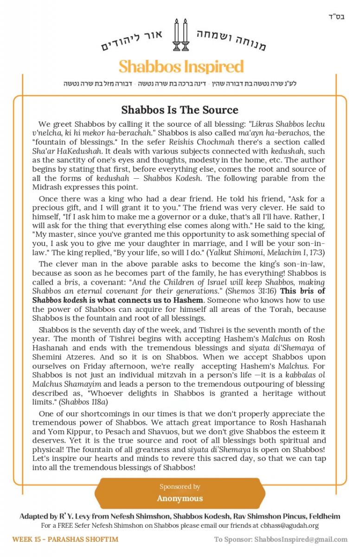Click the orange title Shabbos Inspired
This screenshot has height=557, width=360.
click(181, 67)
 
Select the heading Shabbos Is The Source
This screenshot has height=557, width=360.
click(180, 110)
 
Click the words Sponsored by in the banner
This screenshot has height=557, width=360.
click(180, 487)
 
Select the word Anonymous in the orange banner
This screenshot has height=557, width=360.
click(180, 499)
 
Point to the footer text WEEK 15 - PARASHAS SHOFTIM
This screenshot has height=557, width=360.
click(65, 539)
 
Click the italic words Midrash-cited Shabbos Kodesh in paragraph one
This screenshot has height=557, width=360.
click(179, 178)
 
